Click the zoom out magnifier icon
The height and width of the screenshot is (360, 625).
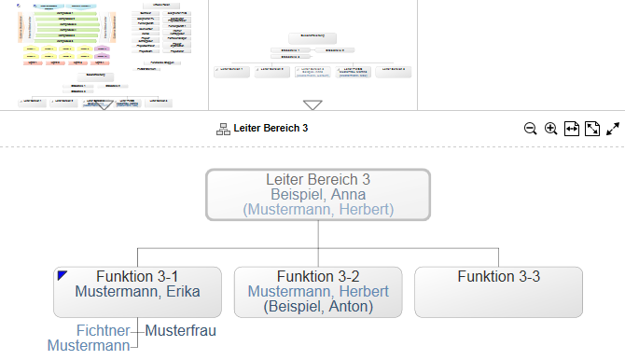[530, 129]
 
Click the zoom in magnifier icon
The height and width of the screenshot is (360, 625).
[551, 129]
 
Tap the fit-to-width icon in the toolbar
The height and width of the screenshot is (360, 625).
[572, 129]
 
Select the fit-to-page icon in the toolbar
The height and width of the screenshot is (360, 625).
[592, 129]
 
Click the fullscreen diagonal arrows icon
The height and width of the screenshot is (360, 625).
[613, 129]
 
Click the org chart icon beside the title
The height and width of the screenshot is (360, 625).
[223, 129]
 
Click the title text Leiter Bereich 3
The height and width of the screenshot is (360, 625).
[271, 129]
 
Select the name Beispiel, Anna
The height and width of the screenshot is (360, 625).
[318, 195]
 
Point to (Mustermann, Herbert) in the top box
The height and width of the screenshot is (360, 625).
[318, 210]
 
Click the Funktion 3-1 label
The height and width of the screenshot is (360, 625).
[137, 276]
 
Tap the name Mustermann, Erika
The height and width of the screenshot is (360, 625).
[137, 291]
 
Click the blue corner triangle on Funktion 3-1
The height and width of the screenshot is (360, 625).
[62, 275]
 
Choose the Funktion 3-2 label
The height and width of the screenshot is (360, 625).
[318, 276]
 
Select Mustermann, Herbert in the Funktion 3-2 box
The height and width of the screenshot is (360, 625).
[318, 291]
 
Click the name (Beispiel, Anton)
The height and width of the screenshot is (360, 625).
[318, 306]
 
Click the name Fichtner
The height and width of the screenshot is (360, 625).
[103, 330]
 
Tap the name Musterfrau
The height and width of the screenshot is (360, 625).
[181, 330]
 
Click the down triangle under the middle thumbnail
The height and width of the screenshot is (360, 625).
[312, 105]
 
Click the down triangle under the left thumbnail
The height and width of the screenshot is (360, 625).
[104, 105]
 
